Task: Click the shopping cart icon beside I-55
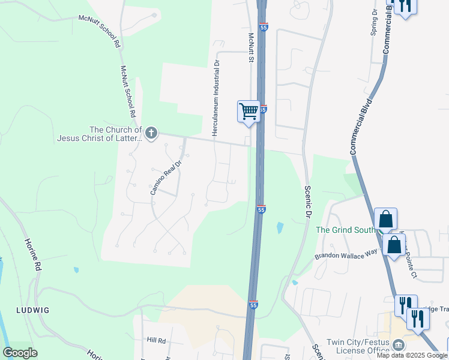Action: coord(249,111)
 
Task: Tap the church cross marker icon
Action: coord(151,133)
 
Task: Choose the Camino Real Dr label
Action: coord(165,177)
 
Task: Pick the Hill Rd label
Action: coord(155,340)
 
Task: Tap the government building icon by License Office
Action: coord(397,344)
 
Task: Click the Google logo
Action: coord(20,352)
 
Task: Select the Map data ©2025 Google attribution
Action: coord(412,355)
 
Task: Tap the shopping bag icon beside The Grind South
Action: coord(385,219)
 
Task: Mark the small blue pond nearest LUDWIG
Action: coord(76,270)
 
